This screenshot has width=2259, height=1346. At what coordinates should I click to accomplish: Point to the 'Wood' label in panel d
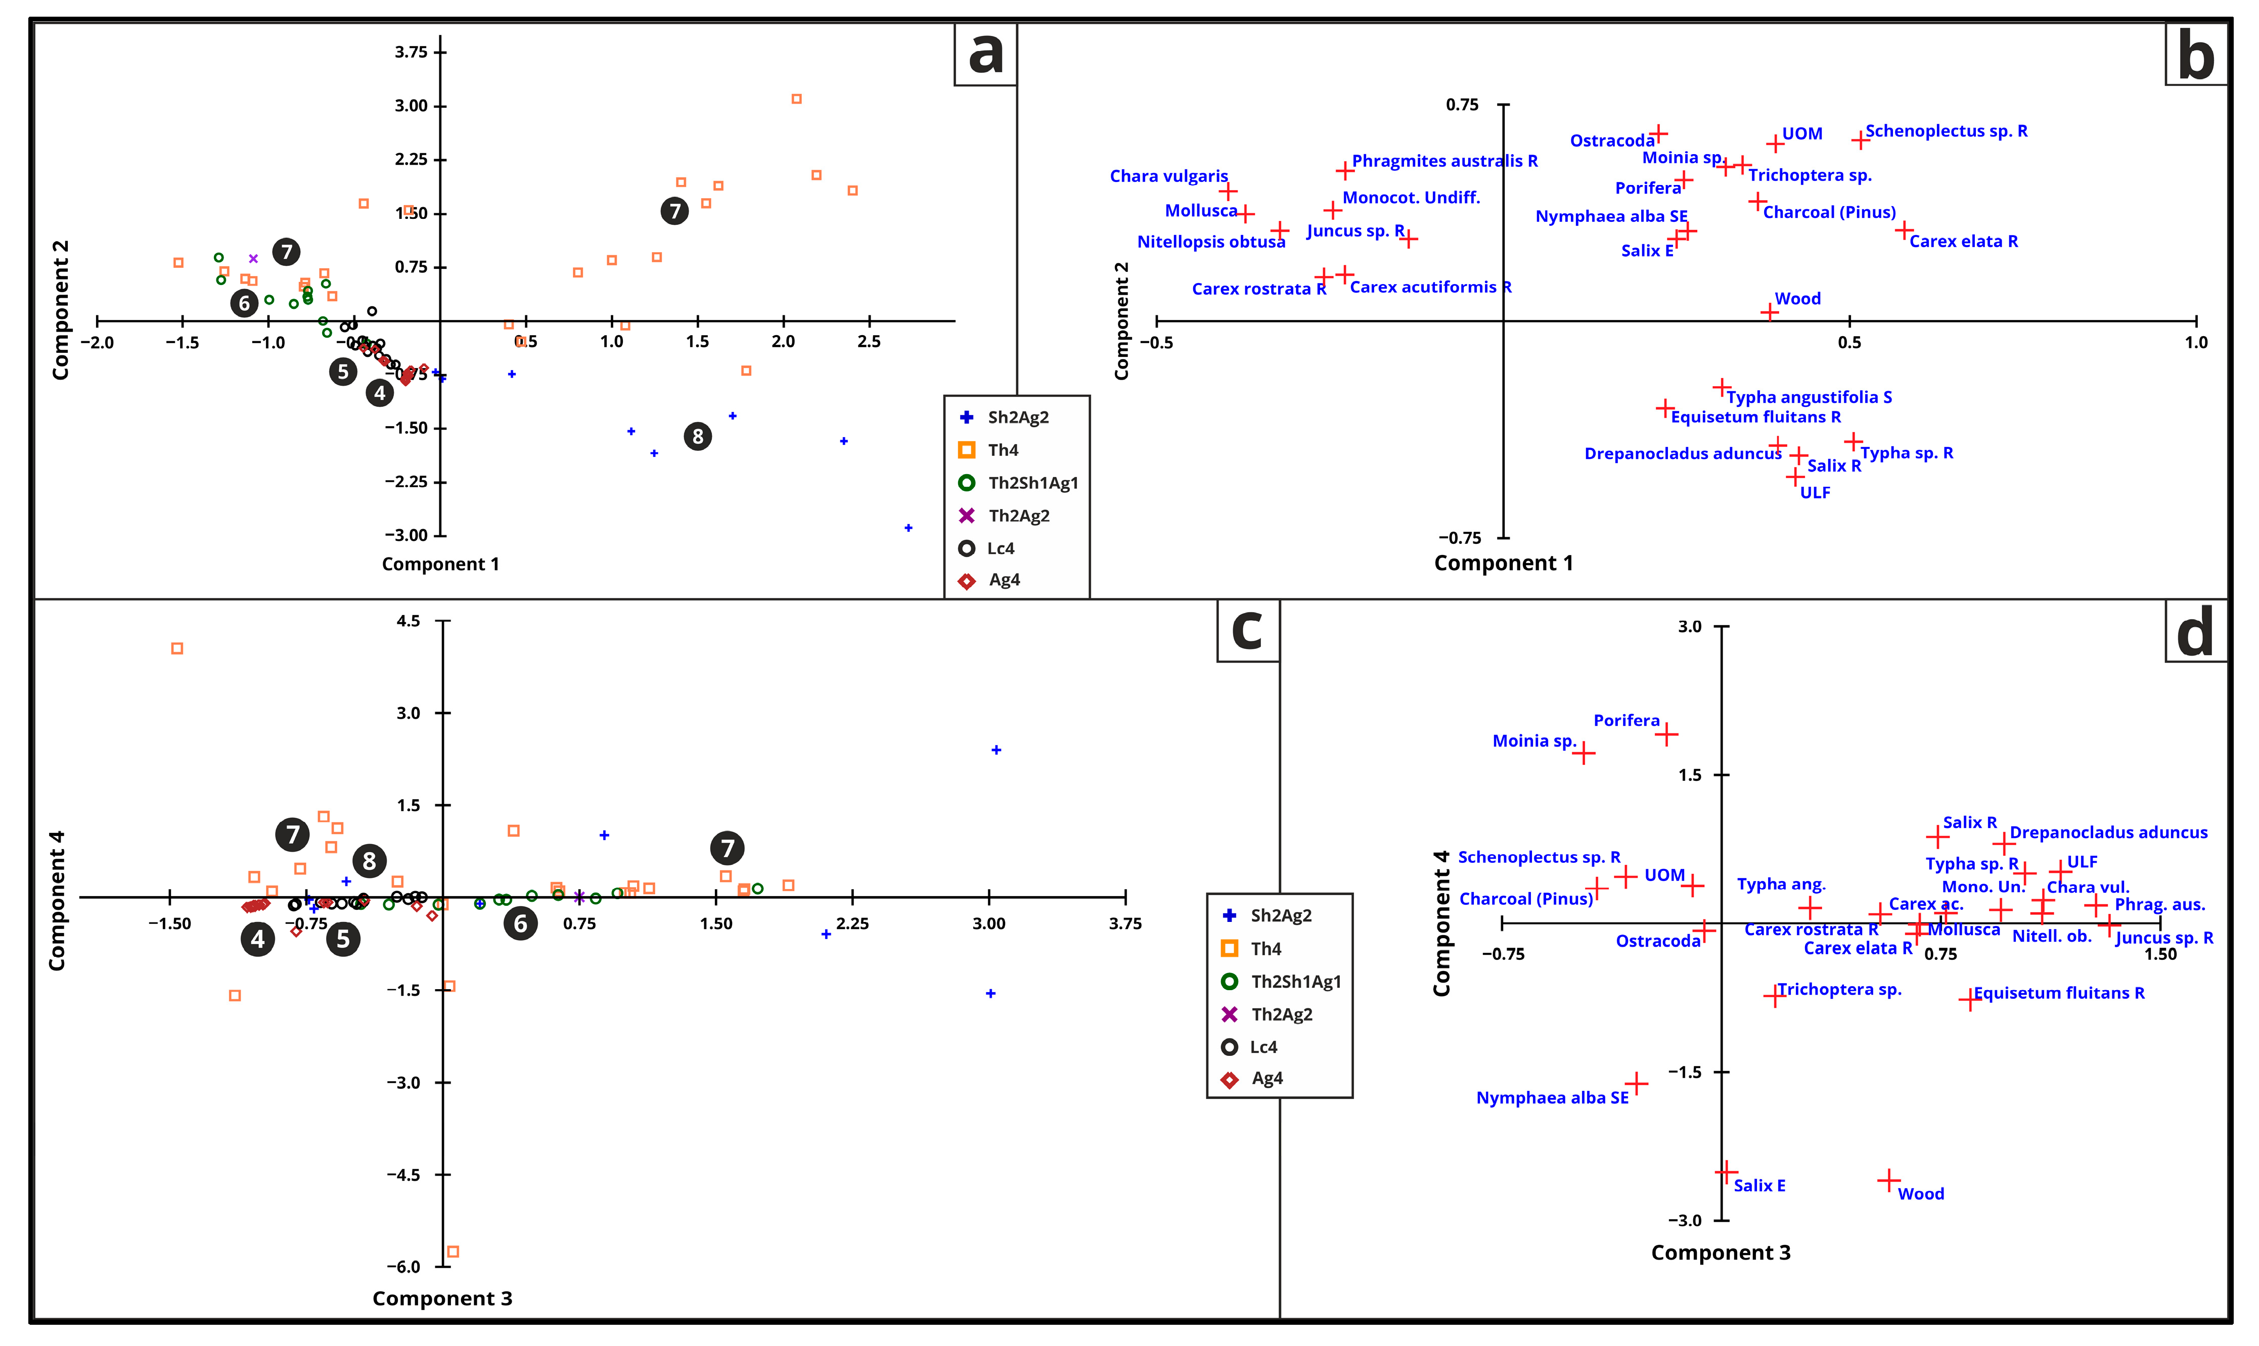click(1921, 1194)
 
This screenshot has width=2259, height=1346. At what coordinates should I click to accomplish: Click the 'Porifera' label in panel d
click(1626, 720)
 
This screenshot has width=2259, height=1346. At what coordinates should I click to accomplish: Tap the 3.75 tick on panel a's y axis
click(411, 52)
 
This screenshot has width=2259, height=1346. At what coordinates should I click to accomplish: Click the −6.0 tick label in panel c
click(403, 1266)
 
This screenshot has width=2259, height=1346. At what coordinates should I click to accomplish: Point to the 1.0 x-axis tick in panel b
click(2195, 342)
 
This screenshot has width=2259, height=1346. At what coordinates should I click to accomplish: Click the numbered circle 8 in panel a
click(698, 436)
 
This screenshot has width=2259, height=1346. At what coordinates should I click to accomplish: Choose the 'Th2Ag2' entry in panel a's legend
click(1018, 515)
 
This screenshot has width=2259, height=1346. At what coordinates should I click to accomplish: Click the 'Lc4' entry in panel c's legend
click(1263, 1047)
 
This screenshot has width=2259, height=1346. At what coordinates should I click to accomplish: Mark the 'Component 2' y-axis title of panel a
click(60, 310)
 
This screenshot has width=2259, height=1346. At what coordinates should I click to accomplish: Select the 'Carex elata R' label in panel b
click(1963, 241)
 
